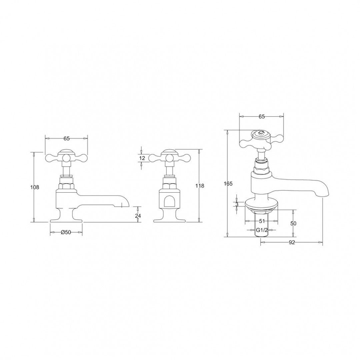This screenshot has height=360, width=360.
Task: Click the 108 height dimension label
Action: [35, 187]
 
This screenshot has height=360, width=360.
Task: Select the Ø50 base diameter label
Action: [66, 232]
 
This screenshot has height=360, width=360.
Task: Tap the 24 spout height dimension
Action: [138, 216]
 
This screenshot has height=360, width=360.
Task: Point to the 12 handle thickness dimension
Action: [142, 158]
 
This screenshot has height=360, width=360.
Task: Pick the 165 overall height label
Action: [228, 184]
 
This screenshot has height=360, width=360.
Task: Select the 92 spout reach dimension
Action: [292, 242]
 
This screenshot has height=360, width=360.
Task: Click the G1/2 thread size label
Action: [261, 230]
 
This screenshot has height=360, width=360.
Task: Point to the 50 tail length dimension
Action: [293, 223]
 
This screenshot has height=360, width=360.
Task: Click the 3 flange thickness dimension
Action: [237, 204]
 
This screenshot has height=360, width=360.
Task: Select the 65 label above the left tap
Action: [66, 138]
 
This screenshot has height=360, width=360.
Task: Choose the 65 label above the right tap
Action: [262, 117]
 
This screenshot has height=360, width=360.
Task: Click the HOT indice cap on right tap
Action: [262, 133]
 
